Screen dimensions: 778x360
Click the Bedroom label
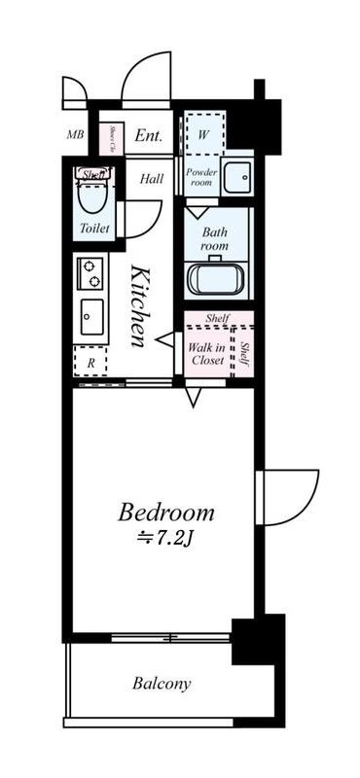pyautogui.click(x=166, y=512)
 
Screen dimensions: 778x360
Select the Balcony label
pyautogui.click(x=162, y=684)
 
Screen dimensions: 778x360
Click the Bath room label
pyautogui.click(x=215, y=239)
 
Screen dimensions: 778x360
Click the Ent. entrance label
pyautogui.click(x=149, y=136)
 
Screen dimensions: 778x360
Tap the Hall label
pyautogui.click(x=151, y=178)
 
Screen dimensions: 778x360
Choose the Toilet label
pyautogui.click(x=94, y=230)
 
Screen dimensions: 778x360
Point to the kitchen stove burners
pyautogui.click(x=90, y=272)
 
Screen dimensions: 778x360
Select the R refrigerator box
pyautogui.click(x=90, y=362)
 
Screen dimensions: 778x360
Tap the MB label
pyautogui.click(x=74, y=135)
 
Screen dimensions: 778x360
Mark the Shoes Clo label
pyautogui.click(x=113, y=140)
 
